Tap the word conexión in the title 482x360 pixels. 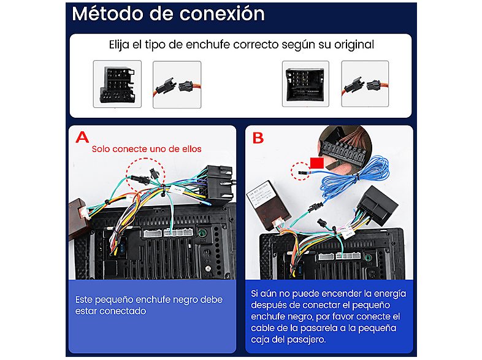(x=222, y=14)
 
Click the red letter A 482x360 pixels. (x=82, y=137)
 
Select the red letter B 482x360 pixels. (x=258, y=138)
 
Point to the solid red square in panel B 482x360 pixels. (x=316, y=163)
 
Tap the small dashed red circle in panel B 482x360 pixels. (x=300, y=171)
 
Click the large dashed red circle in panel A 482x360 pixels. (x=145, y=175)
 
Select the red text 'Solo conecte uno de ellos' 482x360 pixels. (x=147, y=149)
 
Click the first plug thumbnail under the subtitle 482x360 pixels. (x=117, y=84)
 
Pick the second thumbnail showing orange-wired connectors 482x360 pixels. (x=177, y=85)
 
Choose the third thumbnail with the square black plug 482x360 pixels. (x=305, y=83)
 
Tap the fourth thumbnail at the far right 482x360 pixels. (x=365, y=83)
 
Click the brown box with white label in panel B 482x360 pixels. (x=268, y=205)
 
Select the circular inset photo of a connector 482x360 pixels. (x=345, y=148)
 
